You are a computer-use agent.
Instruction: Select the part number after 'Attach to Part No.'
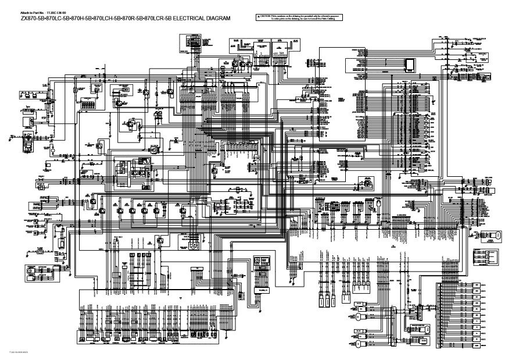(x=59, y=12)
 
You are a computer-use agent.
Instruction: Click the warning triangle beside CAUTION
(x=260, y=17)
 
